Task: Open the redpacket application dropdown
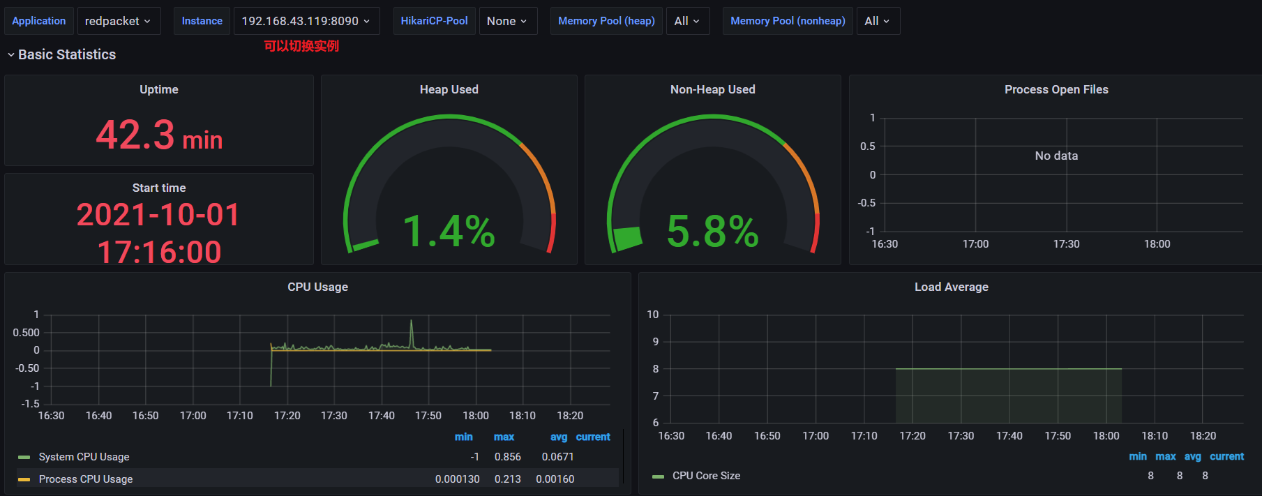pos(118,21)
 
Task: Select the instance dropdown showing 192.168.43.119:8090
pos(306,21)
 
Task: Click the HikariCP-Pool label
pos(434,21)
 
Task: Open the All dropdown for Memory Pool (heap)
pos(686,21)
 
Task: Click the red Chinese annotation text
pos(301,46)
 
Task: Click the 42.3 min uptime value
pos(159,135)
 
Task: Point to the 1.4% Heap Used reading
pos(449,231)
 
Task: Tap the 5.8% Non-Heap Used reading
pos(712,231)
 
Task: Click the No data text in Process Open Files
pos(1056,156)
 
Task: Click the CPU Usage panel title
pos(317,287)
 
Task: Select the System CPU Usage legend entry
pos(84,457)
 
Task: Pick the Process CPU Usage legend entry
pos(85,479)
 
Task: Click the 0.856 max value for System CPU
pos(507,457)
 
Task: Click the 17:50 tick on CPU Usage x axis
pos(428,416)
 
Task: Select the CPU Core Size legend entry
pos(705,476)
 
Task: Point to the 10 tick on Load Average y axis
pos(653,315)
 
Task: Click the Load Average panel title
pos(951,287)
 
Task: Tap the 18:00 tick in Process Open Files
pos(1157,244)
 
